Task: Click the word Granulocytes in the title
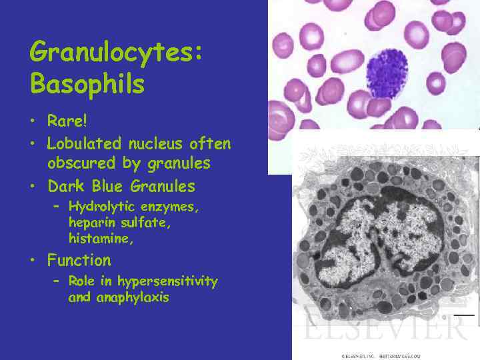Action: [x=115, y=52]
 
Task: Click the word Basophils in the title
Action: [x=87, y=85]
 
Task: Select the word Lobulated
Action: [x=84, y=143]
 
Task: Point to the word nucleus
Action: [x=159, y=143]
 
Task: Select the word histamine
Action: [x=101, y=238]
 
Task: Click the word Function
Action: [x=79, y=260]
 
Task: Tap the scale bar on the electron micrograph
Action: [x=464, y=314]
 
